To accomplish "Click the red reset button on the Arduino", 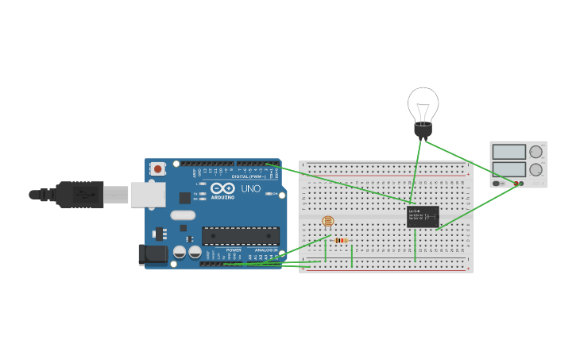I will tap(158, 168).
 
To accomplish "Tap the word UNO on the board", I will tap(250, 189).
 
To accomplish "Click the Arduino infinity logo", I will tap(223, 188).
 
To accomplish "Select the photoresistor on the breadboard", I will tap(327, 223).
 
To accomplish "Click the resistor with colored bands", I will tap(342, 240).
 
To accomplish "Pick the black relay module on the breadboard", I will tap(422, 216).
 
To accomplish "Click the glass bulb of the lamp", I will tap(423, 103).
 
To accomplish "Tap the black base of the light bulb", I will tap(423, 130).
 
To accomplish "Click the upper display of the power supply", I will tap(508, 152).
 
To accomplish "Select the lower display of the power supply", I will tap(508, 169).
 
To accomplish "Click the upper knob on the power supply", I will tap(536, 151).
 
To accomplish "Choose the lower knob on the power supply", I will tap(536, 169).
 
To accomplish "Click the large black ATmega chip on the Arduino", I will tap(240, 235).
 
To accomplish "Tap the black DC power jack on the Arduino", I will tap(153, 254).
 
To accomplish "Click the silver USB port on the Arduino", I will tap(148, 193).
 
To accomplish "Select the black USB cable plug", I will tap(79, 194).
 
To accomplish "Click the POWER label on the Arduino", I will tap(234, 250).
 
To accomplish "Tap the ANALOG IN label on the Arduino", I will tap(266, 250).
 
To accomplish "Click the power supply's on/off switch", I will tap(497, 184).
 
